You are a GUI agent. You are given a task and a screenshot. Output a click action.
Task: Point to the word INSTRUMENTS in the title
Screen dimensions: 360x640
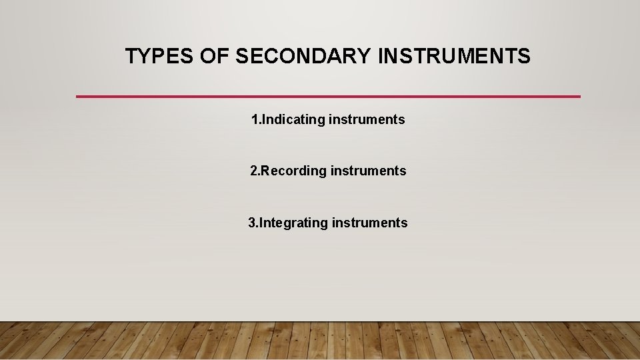[455, 57]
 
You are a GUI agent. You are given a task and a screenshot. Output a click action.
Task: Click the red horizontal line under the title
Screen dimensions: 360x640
[328, 97]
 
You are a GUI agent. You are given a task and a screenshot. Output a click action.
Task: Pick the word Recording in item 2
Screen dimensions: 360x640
[295, 171]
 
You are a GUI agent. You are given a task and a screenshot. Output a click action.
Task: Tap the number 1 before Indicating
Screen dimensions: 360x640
[255, 120]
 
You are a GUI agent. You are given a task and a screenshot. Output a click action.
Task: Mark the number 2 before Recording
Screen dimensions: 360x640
[254, 171]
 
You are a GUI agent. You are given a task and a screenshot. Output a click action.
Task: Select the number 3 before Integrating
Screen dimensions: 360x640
[252, 223]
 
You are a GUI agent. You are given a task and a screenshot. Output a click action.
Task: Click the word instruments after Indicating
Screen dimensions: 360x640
[367, 120]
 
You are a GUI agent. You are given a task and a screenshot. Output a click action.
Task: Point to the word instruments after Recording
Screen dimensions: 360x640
[368, 171]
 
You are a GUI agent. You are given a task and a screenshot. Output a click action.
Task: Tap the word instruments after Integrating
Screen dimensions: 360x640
[369, 223]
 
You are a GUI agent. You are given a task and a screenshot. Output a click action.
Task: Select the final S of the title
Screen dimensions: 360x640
[524, 57]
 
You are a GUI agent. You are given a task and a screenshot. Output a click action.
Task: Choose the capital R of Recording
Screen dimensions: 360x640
[265, 171]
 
